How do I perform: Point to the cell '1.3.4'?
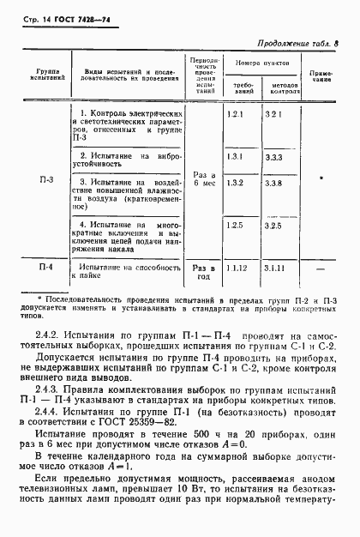(x=237, y=156)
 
